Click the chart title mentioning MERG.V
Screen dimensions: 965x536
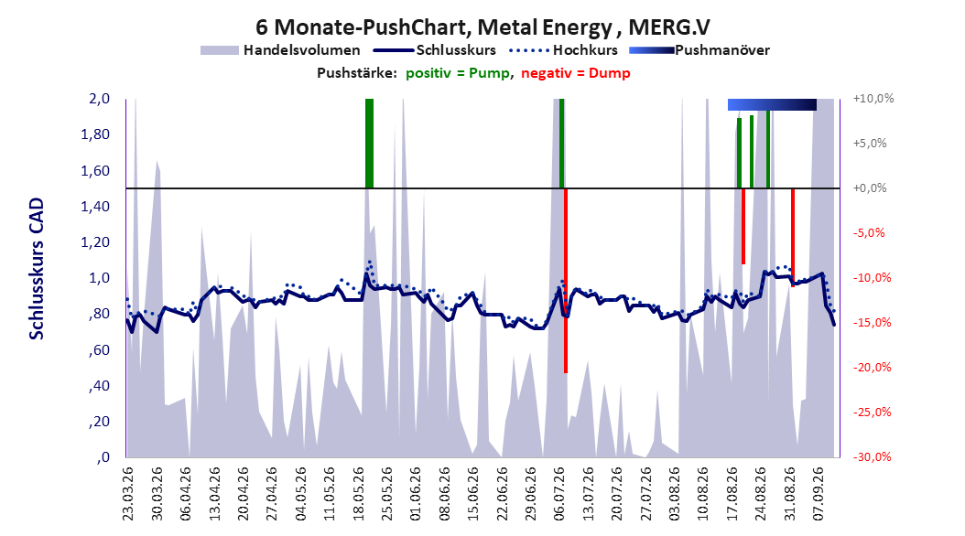(x=482, y=27)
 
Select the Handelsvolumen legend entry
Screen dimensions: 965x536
(x=281, y=50)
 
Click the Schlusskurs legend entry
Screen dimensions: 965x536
(x=435, y=50)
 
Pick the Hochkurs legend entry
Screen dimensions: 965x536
(x=564, y=50)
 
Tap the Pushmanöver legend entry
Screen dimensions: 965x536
(x=699, y=50)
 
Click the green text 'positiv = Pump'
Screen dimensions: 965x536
(x=458, y=73)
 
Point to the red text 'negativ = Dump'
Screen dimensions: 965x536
(x=576, y=73)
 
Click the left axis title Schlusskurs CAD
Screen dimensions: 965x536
(x=37, y=269)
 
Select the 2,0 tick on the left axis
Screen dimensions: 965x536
(x=100, y=99)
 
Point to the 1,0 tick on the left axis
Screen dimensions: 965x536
(x=100, y=278)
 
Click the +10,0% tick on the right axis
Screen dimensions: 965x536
(x=873, y=99)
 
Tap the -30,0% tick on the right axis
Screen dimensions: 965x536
(x=872, y=456)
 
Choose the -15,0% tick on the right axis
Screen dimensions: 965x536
(x=872, y=322)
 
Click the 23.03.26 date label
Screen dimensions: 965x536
(x=128, y=494)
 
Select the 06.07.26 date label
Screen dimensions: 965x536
(x=559, y=494)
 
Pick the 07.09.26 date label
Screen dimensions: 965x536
(x=819, y=494)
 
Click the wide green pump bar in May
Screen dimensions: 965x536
(x=369, y=144)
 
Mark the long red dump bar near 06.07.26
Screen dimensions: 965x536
(x=566, y=280)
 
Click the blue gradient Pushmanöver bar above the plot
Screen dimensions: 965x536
(x=772, y=104)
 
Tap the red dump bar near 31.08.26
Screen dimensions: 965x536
(x=793, y=237)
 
